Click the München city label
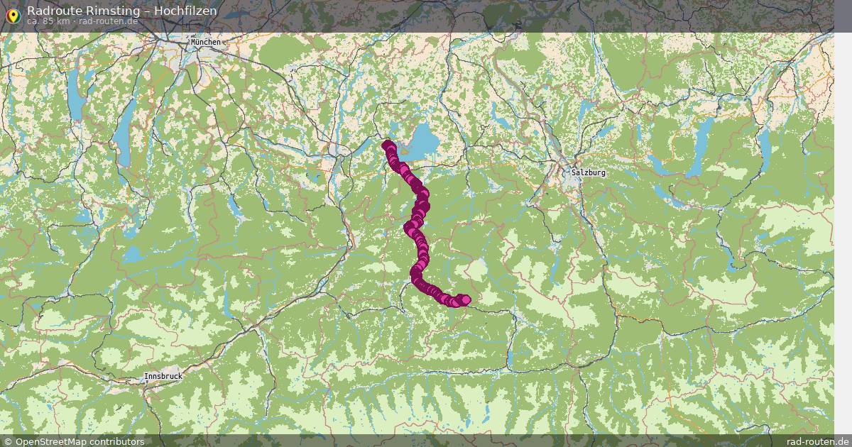(x=206, y=43)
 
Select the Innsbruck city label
(x=163, y=376)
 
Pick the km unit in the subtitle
(x=63, y=21)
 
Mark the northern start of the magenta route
(x=387, y=145)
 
